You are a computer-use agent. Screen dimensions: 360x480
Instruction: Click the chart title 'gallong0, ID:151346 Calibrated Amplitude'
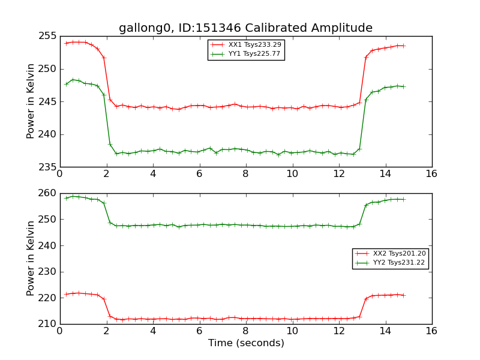click(245, 28)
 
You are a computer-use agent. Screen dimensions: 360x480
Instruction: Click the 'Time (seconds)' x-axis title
click(246, 343)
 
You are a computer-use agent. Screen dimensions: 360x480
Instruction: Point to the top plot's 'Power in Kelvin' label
click(31, 101)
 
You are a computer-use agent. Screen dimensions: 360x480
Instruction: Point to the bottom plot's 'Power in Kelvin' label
click(31, 258)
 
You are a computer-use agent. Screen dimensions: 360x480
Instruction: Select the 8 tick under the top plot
click(245, 174)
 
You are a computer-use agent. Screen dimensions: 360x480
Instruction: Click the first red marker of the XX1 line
click(66, 43)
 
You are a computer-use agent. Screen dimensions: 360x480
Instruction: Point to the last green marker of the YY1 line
click(403, 86)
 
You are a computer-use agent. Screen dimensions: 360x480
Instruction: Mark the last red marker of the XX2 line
click(403, 295)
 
